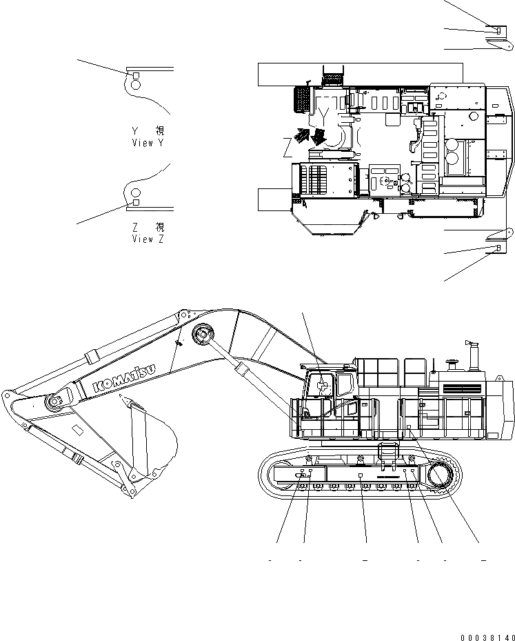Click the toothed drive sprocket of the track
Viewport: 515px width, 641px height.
pyautogui.click(x=441, y=475)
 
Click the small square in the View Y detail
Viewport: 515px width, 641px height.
pyautogui.click(x=136, y=75)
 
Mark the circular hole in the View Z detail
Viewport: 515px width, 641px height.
pyautogui.click(x=136, y=193)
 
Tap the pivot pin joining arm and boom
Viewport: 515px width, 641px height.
pyautogui.click(x=54, y=402)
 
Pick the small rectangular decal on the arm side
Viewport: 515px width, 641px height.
pyautogui.click(x=78, y=431)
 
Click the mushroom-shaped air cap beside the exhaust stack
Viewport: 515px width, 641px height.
pyautogui.click(x=452, y=361)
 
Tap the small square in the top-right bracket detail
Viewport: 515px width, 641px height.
pyautogui.click(x=496, y=30)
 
